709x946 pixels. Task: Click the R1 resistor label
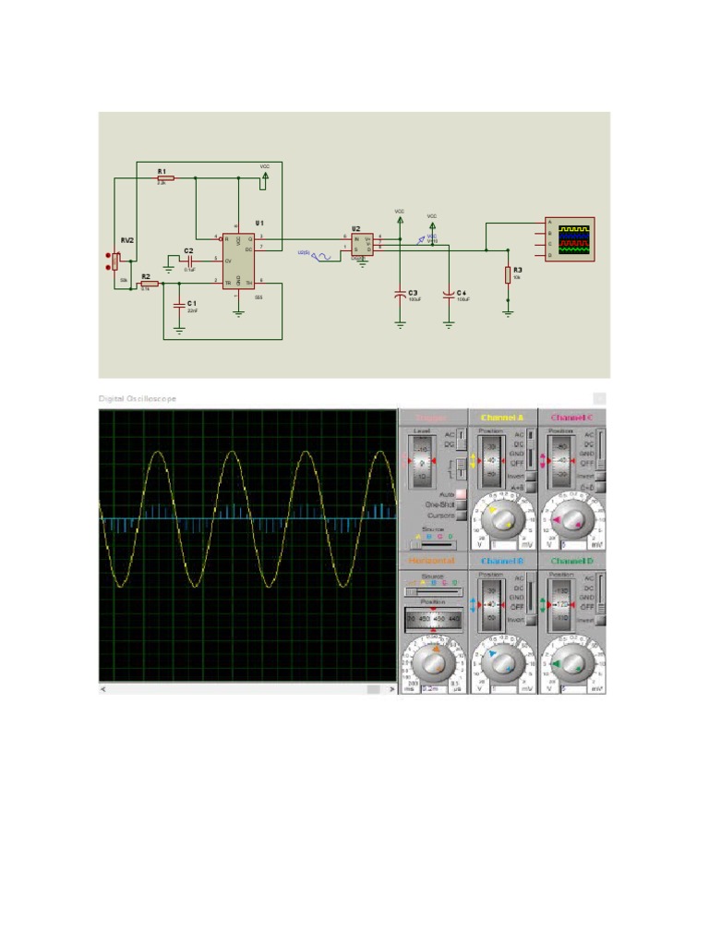[162, 171]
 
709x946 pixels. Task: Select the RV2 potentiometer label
[126, 239]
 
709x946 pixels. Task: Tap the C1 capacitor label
[192, 303]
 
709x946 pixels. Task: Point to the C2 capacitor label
[188, 250]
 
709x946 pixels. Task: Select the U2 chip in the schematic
[362, 245]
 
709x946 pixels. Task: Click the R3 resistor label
[517, 269]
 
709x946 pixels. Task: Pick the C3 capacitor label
[413, 292]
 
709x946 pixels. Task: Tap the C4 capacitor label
[462, 292]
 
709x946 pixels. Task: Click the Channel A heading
[502, 418]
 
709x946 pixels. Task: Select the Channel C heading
[572, 418]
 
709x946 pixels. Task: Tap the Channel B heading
[502, 561]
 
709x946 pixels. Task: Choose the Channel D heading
[572, 561]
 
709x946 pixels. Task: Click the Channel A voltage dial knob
[503, 522]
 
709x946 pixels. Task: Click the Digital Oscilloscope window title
[138, 398]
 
